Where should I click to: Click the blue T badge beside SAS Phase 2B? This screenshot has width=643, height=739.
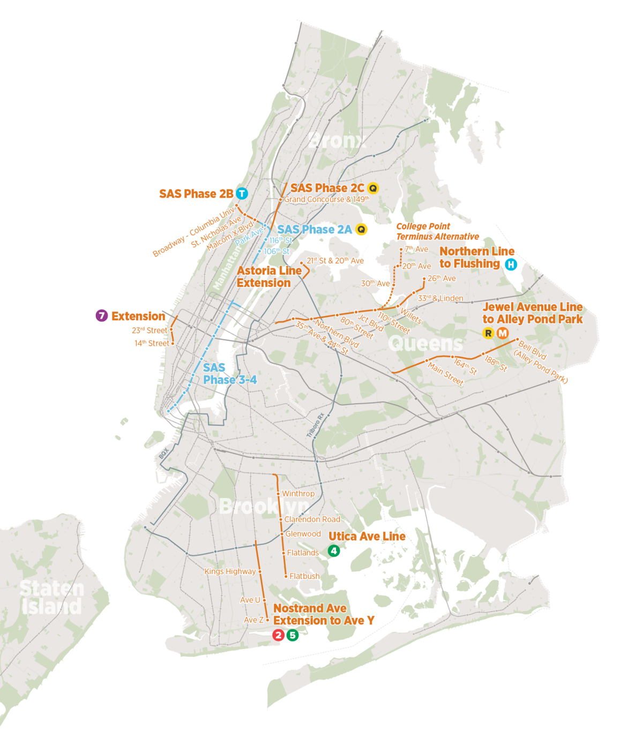(x=242, y=194)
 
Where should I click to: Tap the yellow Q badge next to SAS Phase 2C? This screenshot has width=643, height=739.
(x=373, y=188)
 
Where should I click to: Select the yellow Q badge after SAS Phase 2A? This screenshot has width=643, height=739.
(x=362, y=230)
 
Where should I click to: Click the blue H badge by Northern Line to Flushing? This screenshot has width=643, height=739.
(x=511, y=264)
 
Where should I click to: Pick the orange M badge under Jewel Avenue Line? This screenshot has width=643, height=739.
(x=503, y=333)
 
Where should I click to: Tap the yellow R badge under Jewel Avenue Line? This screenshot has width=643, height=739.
(x=488, y=333)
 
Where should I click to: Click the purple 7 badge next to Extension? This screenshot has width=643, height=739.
(x=102, y=316)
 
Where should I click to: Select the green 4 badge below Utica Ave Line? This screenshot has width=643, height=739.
(x=334, y=551)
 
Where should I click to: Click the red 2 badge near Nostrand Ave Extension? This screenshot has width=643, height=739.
(x=278, y=635)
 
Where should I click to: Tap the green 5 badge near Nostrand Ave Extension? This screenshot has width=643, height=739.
(x=293, y=635)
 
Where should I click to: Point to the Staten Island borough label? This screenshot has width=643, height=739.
(x=51, y=597)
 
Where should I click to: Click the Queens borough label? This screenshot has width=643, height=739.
(x=425, y=343)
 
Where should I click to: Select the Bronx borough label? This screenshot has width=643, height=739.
(x=337, y=141)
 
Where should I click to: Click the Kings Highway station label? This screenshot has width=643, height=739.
(x=230, y=571)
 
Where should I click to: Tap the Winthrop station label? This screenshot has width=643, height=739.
(x=298, y=494)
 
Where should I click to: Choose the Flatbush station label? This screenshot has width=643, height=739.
(x=304, y=576)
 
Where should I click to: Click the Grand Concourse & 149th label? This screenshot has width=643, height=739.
(x=326, y=199)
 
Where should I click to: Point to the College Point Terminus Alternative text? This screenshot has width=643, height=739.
(x=437, y=231)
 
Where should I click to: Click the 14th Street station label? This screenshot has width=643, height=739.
(x=152, y=343)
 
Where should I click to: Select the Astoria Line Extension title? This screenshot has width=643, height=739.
(x=269, y=277)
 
